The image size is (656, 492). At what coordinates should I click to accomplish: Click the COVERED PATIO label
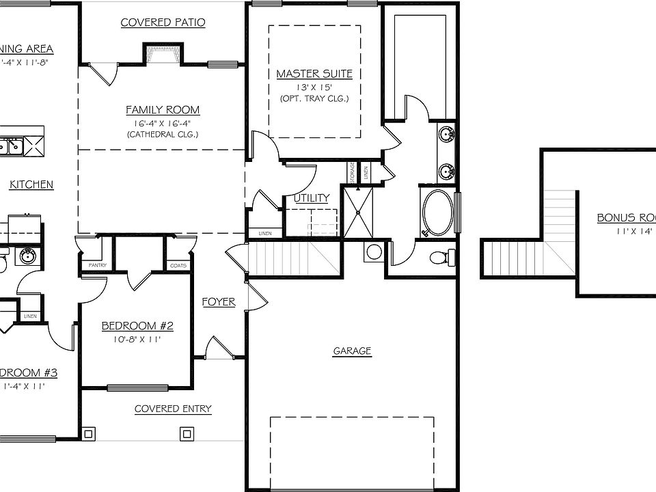coord(163,23)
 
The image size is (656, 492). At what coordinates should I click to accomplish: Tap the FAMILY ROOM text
coord(163,109)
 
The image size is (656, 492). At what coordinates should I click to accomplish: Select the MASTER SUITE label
coord(314,73)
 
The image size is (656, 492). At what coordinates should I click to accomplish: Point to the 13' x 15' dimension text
coord(314,87)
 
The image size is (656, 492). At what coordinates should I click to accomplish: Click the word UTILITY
coord(312,198)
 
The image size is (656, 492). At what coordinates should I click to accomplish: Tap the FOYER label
coord(219,301)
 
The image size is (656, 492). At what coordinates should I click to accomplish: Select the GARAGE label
coord(352,351)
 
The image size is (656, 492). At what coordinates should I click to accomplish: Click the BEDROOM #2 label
coord(137,326)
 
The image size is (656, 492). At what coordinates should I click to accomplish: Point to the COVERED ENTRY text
coord(173,409)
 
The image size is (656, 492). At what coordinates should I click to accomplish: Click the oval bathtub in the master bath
coord(436,213)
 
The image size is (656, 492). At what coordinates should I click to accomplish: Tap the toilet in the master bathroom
coord(443,258)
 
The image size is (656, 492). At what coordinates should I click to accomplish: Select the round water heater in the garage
coord(374,251)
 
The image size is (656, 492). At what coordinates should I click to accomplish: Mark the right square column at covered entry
coord(187,433)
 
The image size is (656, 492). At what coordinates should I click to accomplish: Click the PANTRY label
coord(94,265)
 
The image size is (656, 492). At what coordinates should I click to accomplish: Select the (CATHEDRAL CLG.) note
coord(163,134)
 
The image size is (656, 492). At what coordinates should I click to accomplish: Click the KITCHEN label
coord(32,184)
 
